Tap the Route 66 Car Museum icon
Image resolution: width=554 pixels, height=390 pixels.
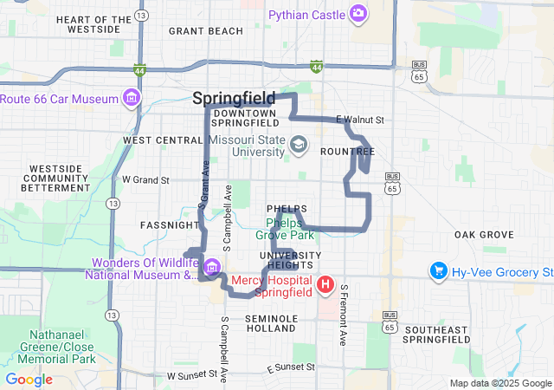click(x=132, y=98)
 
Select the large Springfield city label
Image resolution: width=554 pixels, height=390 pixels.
click(x=234, y=98)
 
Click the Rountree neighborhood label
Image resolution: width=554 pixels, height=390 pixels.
click(x=347, y=151)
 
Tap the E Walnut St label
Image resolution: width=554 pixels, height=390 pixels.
click(x=358, y=119)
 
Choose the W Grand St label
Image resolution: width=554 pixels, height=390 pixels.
click(x=145, y=179)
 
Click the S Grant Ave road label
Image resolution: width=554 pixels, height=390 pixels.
click(x=204, y=184)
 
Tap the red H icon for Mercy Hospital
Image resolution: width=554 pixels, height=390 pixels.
click(x=325, y=284)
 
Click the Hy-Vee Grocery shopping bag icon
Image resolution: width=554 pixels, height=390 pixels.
click(x=438, y=272)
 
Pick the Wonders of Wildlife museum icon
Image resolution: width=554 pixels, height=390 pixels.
click(x=212, y=266)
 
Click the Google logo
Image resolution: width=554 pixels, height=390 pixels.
click(x=29, y=379)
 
